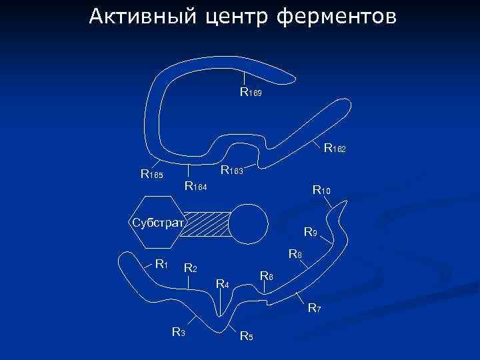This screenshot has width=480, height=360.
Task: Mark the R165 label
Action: [x=151, y=175]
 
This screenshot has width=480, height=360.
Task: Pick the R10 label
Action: [x=321, y=191]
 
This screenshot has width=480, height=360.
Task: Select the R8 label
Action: [x=295, y=254]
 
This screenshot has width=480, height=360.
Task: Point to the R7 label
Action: [x=314, y=308]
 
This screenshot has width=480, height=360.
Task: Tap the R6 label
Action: [x=266, y=276]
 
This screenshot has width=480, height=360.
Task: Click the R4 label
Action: [x=223, y=285]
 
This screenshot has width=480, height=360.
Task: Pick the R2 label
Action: [x=190, y=269]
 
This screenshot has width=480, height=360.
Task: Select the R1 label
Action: [x=161, y=263]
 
